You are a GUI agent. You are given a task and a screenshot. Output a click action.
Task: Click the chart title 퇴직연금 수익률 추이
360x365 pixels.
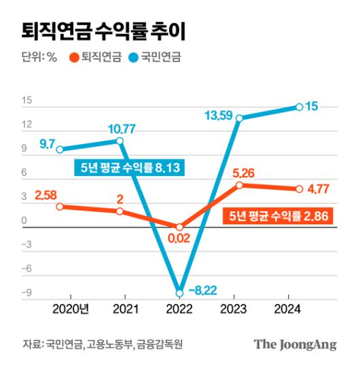point(102,31)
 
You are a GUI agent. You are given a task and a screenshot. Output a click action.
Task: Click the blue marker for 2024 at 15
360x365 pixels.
point(299,107)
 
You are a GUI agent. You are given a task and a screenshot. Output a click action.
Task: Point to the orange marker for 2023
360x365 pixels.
point(239,185)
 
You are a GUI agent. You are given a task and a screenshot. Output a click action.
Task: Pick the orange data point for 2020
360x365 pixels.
point(60,206)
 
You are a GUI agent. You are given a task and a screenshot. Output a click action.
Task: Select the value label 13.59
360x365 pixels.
point(219,114)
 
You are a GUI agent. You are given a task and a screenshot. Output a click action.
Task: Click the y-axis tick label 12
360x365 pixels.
point(28,124)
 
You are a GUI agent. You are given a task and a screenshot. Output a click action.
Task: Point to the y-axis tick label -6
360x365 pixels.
point(28,269)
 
